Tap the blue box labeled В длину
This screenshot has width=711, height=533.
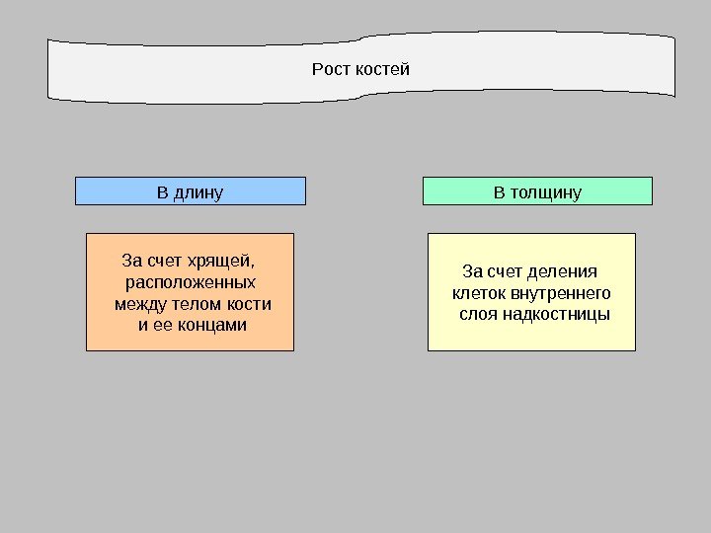click(x=191, y=190)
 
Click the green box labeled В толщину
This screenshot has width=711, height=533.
click(x=537, y=190)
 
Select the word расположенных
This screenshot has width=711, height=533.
click(x=191, y=282)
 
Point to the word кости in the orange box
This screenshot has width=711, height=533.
click(x=248, y=303)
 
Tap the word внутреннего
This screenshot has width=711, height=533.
click(x=558, y=293)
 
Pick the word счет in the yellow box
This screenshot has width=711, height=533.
click(x=507, y=271)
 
